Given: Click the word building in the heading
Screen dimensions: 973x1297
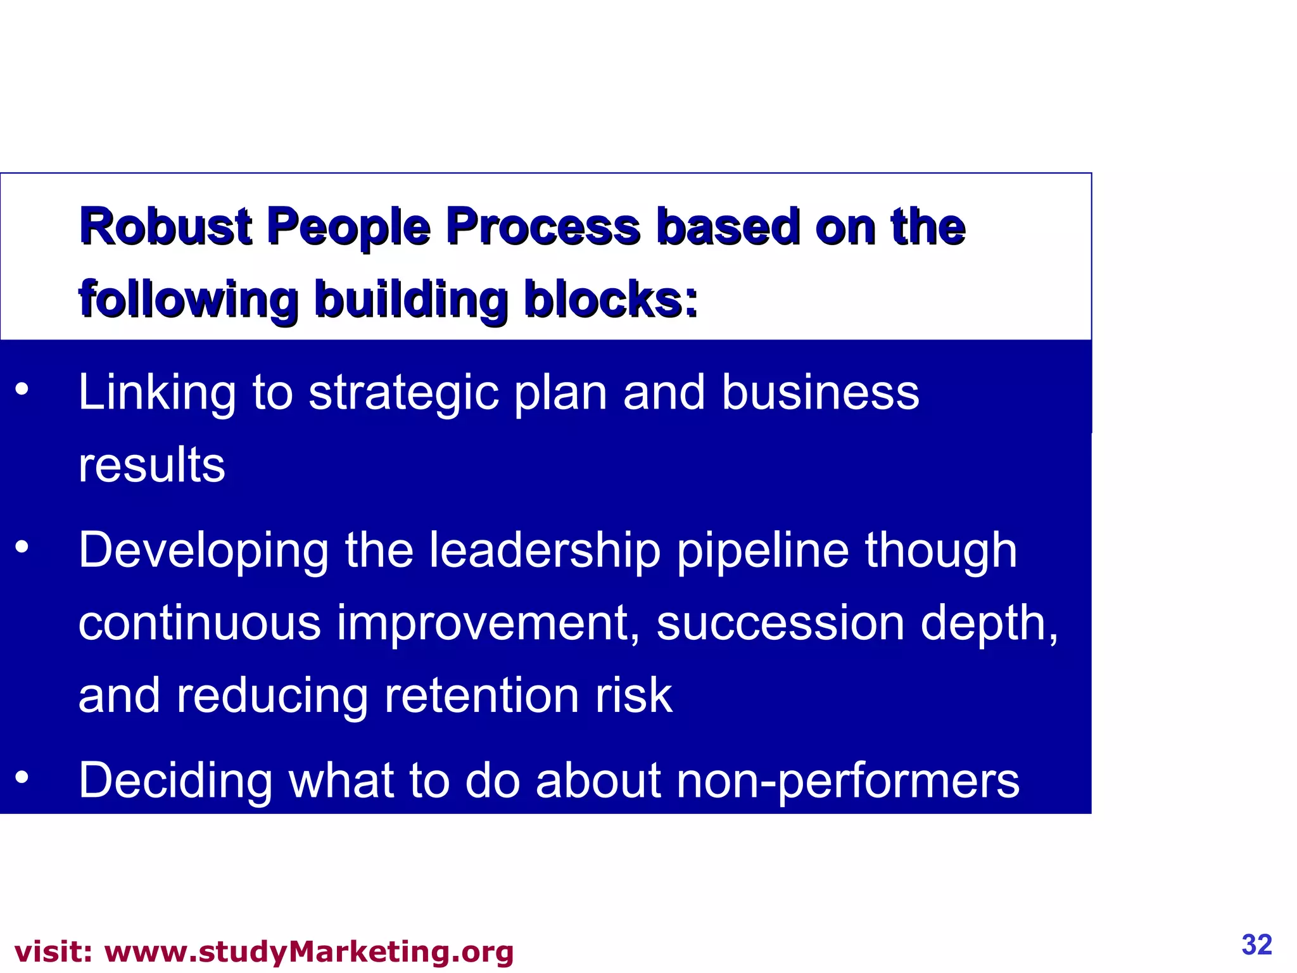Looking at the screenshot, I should coord(411,300).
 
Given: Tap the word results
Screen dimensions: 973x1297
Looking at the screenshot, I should coord(152,464).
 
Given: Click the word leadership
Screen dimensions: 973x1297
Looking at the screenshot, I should coord(545,550).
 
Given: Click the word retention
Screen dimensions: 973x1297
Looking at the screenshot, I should coord(481,695).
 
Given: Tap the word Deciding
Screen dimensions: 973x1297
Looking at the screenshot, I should coord(175,780).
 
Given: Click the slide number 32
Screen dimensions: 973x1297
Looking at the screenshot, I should coord(1257,944).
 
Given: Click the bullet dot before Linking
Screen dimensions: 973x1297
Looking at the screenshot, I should coord(22,389).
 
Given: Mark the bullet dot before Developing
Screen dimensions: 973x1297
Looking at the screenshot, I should coord(22,546).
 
